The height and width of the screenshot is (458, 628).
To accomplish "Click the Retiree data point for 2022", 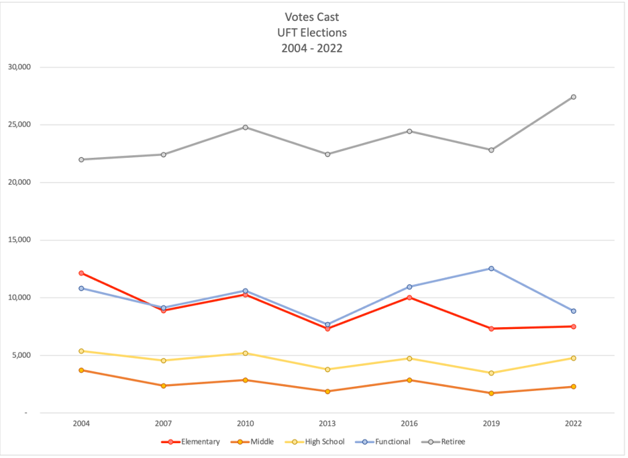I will tap(574, 97).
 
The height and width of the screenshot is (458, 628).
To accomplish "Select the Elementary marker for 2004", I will tap(81, 273).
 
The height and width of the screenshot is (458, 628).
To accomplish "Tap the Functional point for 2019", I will tap(491, 268).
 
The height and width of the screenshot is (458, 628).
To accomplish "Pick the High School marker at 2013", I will tap(327, 369).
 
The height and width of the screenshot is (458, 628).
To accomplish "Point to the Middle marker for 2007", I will tap(163, 385).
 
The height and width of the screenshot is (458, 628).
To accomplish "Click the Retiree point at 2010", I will tap(246, 127).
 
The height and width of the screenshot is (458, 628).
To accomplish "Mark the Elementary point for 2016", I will tap(409, 297).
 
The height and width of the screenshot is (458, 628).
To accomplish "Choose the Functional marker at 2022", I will tap(574, 311).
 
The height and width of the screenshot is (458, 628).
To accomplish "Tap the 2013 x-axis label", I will tap(327, 424).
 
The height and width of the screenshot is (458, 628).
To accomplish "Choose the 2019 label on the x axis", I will tap(491, 424).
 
